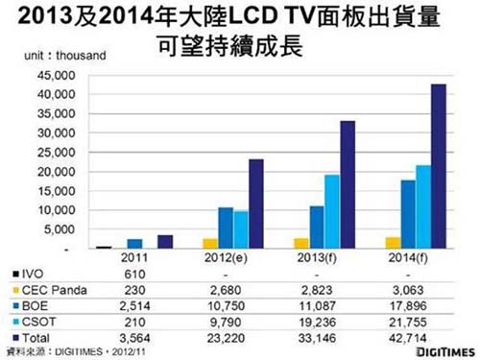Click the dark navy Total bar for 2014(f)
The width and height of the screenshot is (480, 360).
439,167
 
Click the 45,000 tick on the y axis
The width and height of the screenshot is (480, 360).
57,76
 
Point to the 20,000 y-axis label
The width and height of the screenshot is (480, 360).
57,172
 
